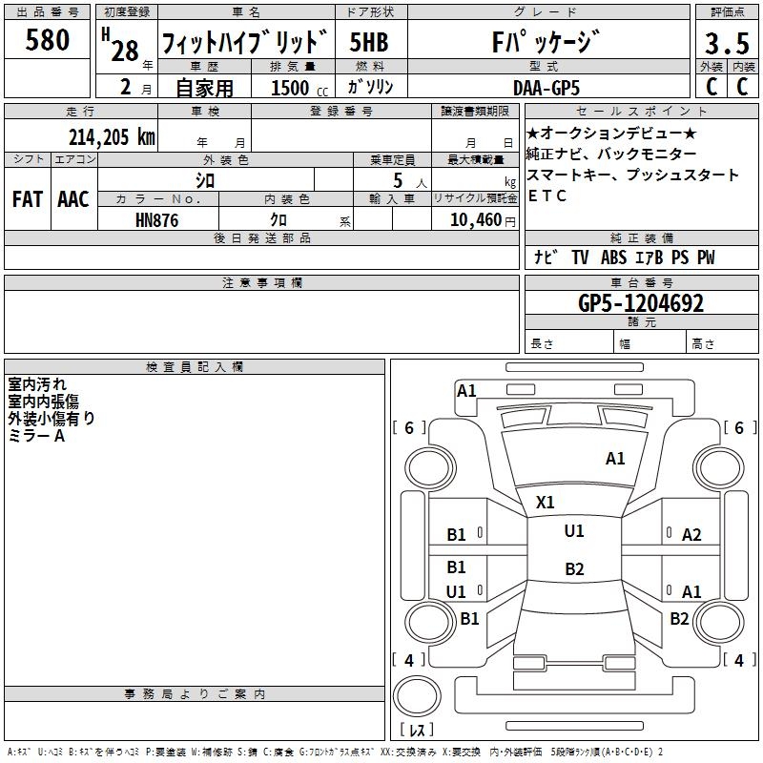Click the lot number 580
(x=48, y=40)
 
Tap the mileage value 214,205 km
(x=111, y=137)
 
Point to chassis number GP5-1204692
(x=641, y=304)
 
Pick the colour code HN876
(x=157, y=220)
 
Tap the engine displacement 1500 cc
(x=298, y=88)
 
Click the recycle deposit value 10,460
(x=474, y=220)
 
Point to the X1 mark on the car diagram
(x=546, y=502)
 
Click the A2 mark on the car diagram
(x=691, y=535)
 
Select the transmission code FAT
(x=27, y=199)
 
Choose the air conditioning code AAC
(x=72, y=199)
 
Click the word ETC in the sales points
(x=547, y=196)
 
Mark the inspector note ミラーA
(x=36, y=435)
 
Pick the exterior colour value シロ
(x=205, y=179)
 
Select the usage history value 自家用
(x=204, y=88)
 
